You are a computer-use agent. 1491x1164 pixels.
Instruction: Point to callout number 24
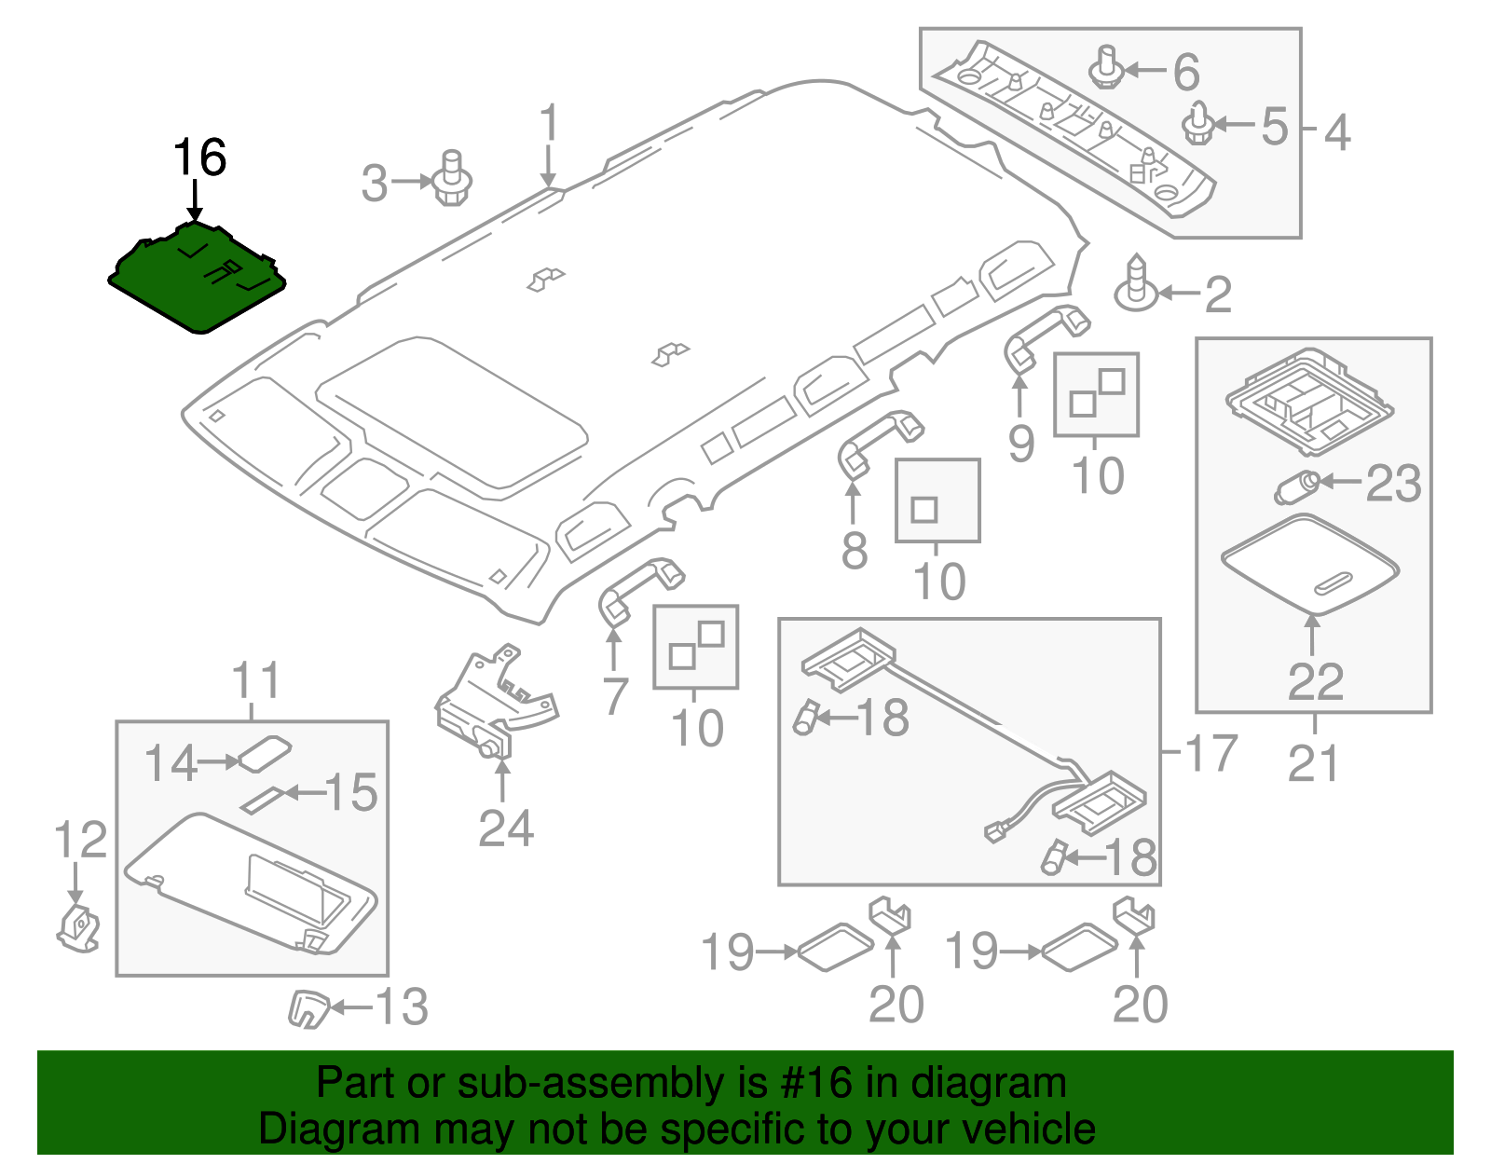coord(506,828)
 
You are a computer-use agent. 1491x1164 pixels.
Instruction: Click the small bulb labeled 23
coord(1295,486)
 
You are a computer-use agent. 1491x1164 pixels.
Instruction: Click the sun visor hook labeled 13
coord(308,1008)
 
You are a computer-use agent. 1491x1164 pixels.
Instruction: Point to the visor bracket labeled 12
coord(79,927)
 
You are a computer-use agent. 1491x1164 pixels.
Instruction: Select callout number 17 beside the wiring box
coord(1211,753)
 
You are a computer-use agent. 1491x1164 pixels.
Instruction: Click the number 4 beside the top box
coord(1337,132)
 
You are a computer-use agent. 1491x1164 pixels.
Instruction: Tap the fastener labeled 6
coord(1106,68)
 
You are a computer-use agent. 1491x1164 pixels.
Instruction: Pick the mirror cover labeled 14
coord(265,753)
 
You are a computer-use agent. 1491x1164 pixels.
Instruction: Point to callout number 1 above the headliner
coord(549,124)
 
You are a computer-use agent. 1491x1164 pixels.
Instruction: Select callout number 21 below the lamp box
coord(1313,763)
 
